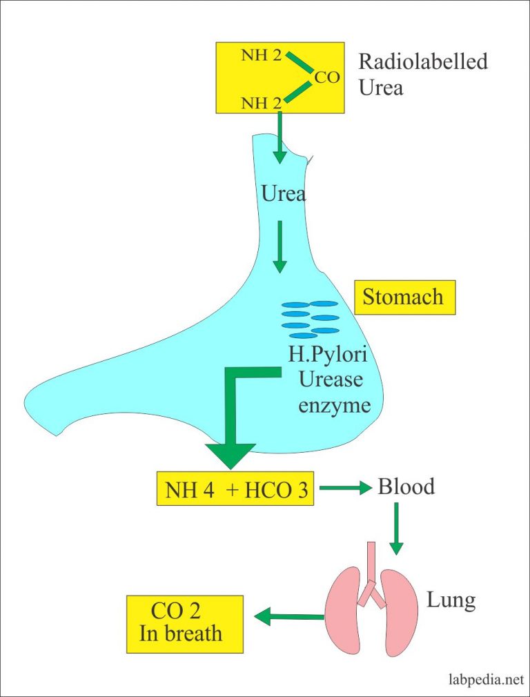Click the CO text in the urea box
(x=326, y=77)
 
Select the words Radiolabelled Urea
(x=422, y=74)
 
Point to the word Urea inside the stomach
(x=284, y=194)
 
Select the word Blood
(x=406, y=487)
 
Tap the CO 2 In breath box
(x=185, y=624)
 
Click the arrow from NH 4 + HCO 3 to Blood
(x=353, y=489)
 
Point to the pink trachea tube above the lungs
(x=371, y=558)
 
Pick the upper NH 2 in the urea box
(x=261, y=55)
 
